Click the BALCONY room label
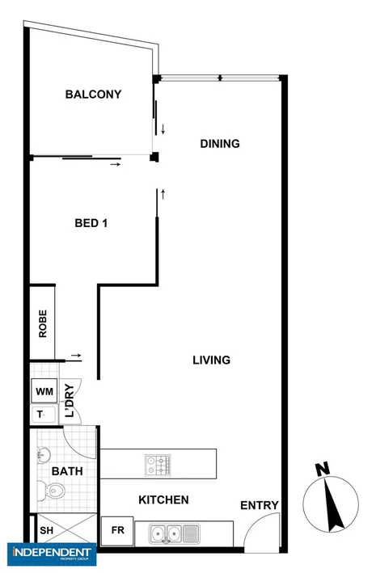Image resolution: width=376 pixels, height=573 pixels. (93, 95)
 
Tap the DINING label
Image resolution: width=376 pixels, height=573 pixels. (220, 145)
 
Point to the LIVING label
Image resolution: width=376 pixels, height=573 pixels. (212, 360)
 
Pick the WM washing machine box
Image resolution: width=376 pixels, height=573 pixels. (44, 392)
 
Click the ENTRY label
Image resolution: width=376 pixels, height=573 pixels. (260, 506)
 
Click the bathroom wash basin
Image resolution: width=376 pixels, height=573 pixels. (43, 457)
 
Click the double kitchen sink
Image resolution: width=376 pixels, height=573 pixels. (165, 533)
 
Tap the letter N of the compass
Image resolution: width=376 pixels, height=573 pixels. (322, 469)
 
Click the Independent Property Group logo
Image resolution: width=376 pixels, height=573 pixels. (49, 555)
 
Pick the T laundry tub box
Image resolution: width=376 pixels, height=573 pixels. (40, 414)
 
